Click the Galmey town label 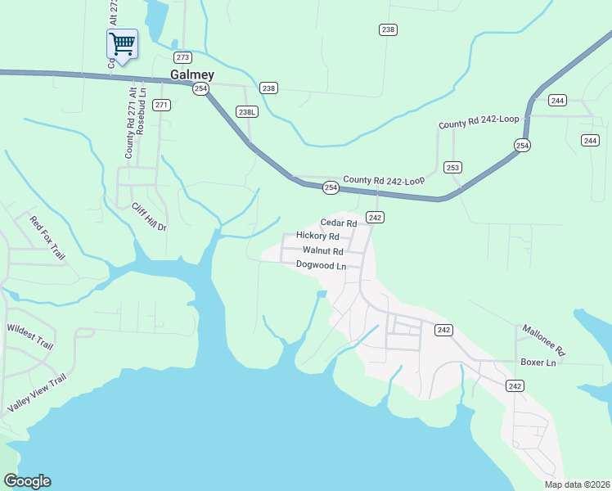click(191, 74)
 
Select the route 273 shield click(182, 57)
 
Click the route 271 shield click(161, 105)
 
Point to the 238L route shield click(246, 111)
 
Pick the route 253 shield click(452, 167)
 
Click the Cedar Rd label click(338, 223)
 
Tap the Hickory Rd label click(317, 236)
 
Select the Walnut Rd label click(322, 250)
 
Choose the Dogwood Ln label click(321, 265)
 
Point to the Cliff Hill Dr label click(150, 215)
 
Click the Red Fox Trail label click(47, 238)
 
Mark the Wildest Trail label click(29, 336)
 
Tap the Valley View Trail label click(36, 393)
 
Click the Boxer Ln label click(538, 362)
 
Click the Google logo click(27, 481)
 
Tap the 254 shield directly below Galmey click(201, 89)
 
